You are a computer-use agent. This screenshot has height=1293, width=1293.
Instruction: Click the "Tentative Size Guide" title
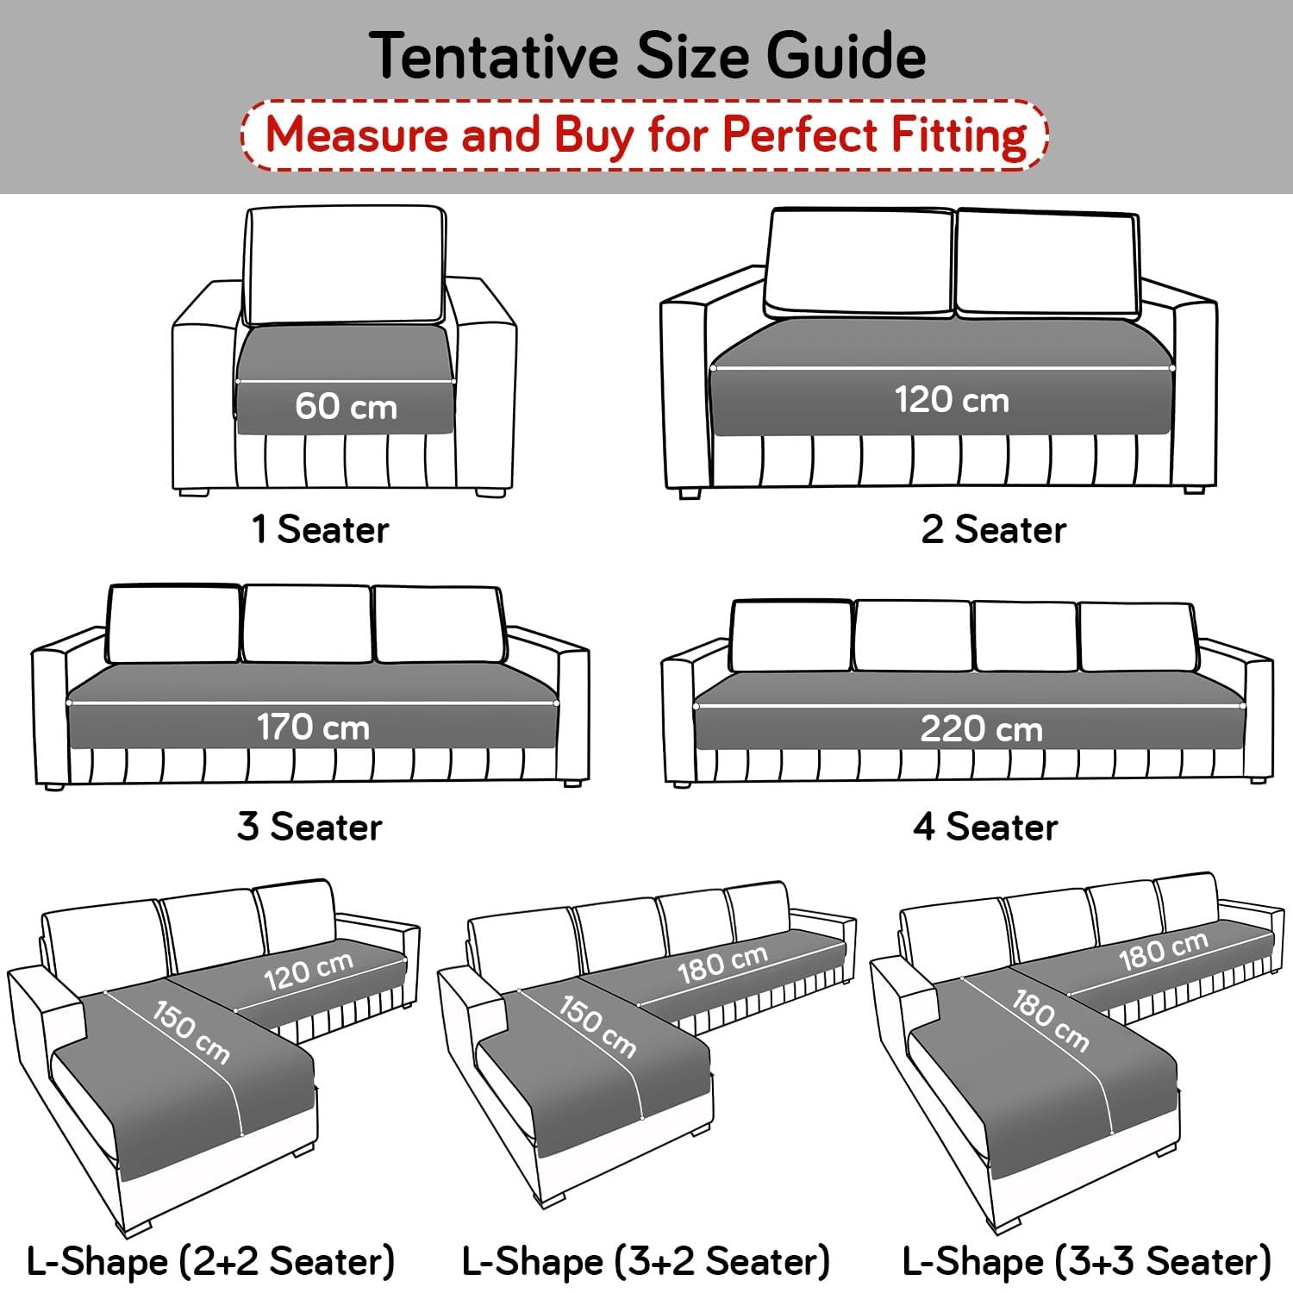coord(648,56)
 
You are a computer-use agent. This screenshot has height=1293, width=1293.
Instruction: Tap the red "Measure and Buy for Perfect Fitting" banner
coord(645,135)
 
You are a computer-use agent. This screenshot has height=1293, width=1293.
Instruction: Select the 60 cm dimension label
coord(346,406)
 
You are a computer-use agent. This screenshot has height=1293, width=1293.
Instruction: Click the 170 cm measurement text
coord(313,728)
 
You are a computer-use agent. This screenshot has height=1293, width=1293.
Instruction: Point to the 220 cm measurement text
coord(981,729)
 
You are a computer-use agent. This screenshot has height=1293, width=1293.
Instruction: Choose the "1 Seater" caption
coord(320,529)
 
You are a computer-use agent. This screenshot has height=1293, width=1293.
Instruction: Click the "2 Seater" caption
coord(993,529)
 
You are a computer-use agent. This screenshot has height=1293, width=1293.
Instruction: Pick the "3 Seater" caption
coord(309,827)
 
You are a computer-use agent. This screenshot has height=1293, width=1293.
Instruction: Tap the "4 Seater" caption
coord(985,827)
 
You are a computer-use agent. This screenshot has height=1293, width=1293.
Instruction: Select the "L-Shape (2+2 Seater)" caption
coord(211,1261)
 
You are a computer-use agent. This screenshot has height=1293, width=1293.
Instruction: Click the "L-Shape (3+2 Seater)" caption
coord(646,1261)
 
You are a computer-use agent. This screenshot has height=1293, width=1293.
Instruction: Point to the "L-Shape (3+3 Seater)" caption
coord(1086,1261)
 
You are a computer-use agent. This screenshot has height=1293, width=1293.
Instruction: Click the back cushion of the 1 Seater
coord(346,265)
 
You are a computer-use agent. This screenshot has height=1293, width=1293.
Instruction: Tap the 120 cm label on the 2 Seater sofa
coord(951,400)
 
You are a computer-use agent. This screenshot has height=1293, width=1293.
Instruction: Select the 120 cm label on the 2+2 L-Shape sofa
coord(308,972)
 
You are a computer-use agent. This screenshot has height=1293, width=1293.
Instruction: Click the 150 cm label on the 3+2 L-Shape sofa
coord(597,1027)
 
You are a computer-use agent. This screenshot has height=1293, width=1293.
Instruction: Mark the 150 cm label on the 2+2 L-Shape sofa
coord(191,1032)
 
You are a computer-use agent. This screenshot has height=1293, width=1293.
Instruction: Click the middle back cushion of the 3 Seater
coord(307,624)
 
